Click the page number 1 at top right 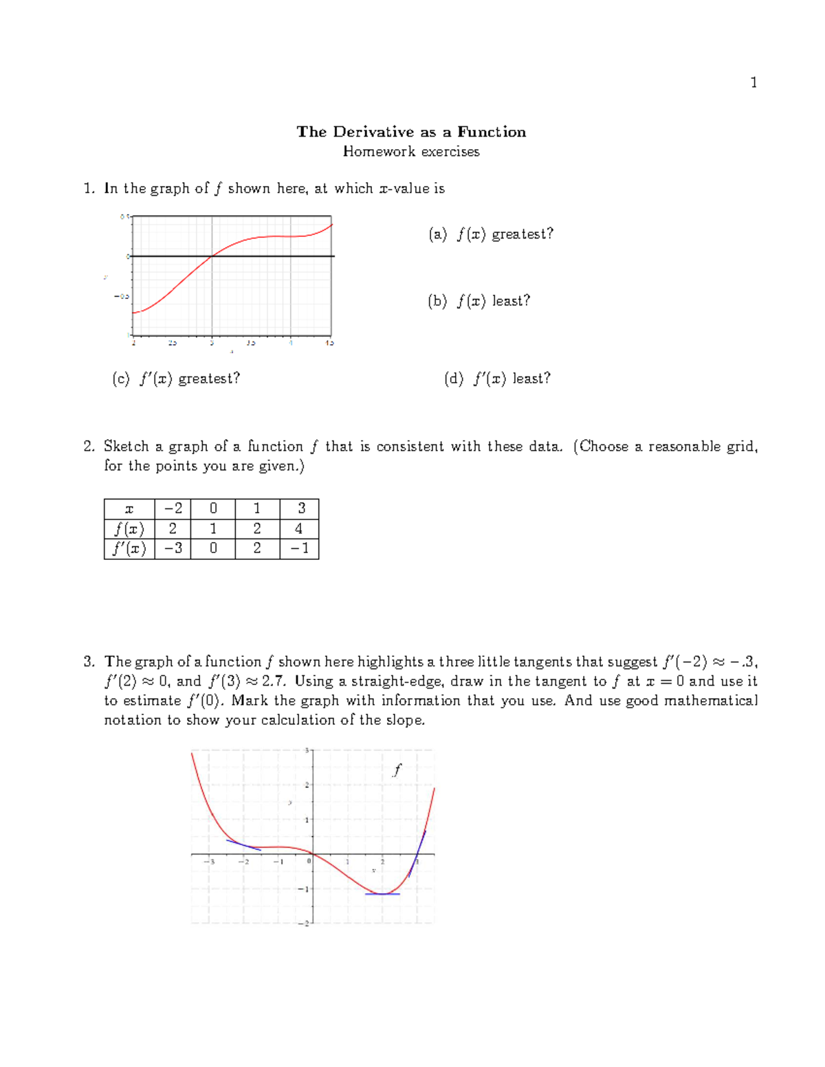pyautogui.click(x=753, y=82)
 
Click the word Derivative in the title pyautogui.click(x=374, y=132)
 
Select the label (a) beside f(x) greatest pyautogui.click(x=437, y=234)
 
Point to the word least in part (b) pyautogui.click(x=511, y=301)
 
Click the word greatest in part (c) pyautogui.click(x=209, y=379)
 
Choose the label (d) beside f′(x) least pyautogui.click(x=454, y=379)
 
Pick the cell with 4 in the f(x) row pyautogui.click(x=299, y=528)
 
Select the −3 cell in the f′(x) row pyautogui.click(x=173, y=548)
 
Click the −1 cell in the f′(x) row pyautogui.click(x=299, y=548)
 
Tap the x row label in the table pyautogui.click(x=129, y=509)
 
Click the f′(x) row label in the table pyautogui.click(x=129, y=548)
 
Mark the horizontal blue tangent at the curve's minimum pyautogui.click(x=382, y=894)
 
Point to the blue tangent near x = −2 pyautogui.click(x=243, y=845)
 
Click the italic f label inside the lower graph pyautogui.click(x=397, y=770)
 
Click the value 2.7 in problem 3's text pyautogui.click(x=273, y=682)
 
